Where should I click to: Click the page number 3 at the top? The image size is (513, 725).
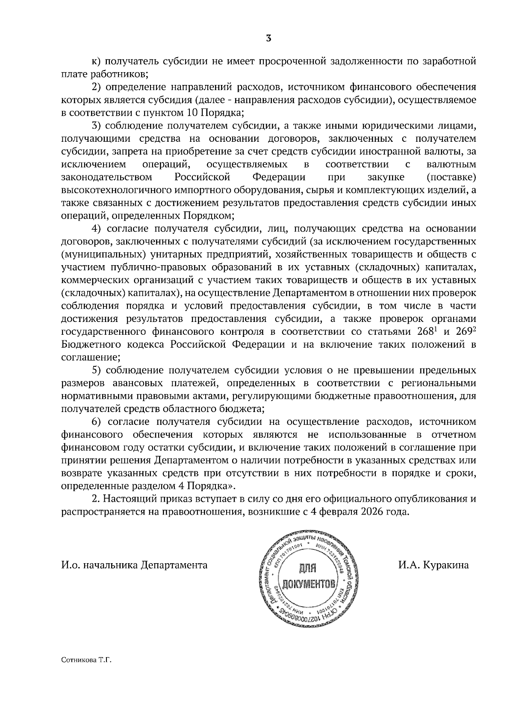tap(268, 38)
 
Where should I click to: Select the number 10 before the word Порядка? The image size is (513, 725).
tap(191, 113)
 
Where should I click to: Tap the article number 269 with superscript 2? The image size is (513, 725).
tap(464, 332)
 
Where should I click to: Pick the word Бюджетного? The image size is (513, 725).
tap(87, 345)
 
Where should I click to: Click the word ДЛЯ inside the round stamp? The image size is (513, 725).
tap(306, 568)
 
